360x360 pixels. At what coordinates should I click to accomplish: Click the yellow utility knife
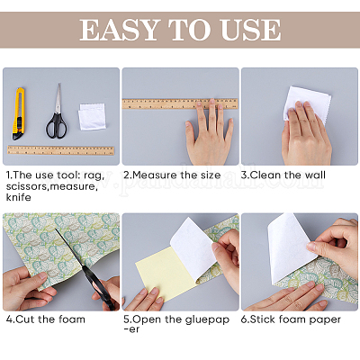pyautogui.click(x=18, y=113)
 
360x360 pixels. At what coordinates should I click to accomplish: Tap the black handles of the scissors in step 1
pyautogui.click(x=56, y=126)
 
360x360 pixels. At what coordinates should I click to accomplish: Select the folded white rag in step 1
pyautogui.click(x=92, y=116)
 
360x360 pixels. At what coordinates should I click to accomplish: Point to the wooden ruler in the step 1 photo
pyautogui.click(x=60, y=150)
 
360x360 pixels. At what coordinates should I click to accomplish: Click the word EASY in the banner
pyautogui.click(x=119, y=30)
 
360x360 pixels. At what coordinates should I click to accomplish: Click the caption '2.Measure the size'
pyautogui.click(x=172, y=175)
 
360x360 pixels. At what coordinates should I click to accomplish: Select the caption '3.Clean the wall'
pyautogui.click(x=283, y=175)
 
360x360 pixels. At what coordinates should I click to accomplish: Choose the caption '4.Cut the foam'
pyautogui.click(x=46, y=319)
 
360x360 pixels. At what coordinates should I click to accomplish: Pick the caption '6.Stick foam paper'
pyautogui.click(x=291, y=319)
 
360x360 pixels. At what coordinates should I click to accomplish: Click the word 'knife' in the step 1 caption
pyautogui.click(x=18, y=197)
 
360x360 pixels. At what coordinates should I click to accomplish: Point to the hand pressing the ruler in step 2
pyautogui.click(x=209, y=133)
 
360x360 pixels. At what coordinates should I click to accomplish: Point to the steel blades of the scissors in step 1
pyautogui.click(x=58, y=98)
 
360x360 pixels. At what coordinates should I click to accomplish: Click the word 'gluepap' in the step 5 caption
pyautogui.click(x=207, y=319)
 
